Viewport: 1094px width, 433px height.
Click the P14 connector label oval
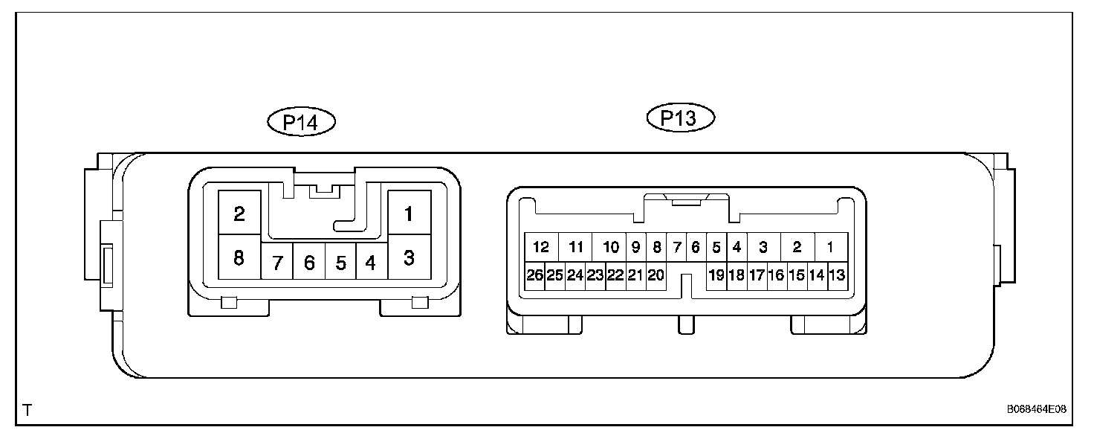[301, 122]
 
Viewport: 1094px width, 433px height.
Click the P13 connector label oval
[680, 118]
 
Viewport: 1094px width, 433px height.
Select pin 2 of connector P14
[239, 214]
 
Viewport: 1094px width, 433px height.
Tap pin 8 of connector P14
[239, 258]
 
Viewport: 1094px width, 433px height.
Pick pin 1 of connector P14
[408, 214]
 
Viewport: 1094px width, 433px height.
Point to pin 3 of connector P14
[408, 258]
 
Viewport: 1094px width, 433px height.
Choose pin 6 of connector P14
[309, 263]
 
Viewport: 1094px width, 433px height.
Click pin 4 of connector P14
[370, 263]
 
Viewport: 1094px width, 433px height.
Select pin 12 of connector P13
[541, 247]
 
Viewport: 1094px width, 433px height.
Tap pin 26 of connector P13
[535, 275]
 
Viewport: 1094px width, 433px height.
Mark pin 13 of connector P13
[836, 275]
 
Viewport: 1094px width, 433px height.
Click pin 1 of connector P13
[831, 247]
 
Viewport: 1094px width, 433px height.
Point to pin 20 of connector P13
[655, 275]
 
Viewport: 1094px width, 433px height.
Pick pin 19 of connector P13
[716, 275]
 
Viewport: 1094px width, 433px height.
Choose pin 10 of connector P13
[611, 247]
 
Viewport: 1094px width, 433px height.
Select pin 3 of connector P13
[763, 247]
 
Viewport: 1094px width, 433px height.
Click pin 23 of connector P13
[595, 275]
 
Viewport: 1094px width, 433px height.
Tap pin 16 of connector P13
[776, 275]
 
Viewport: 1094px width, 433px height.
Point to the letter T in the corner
[27, 410]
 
